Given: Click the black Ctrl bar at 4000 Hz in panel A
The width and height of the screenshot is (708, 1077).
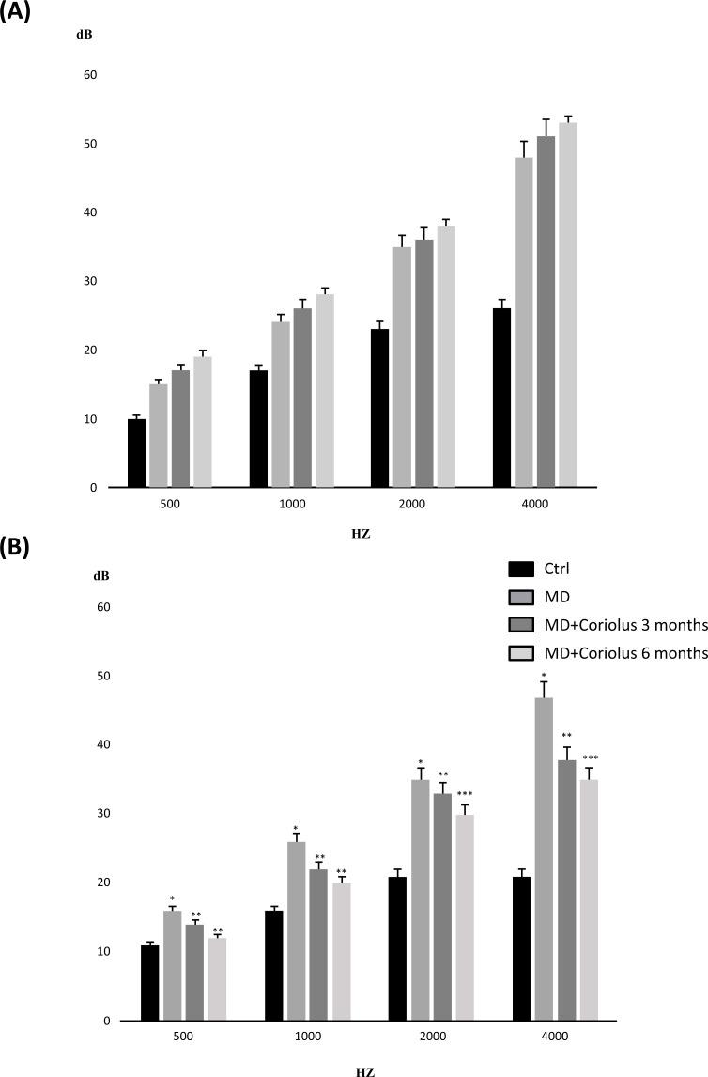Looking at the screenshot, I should coord(501,398).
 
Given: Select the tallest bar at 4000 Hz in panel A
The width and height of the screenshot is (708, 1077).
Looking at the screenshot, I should coord(567,304).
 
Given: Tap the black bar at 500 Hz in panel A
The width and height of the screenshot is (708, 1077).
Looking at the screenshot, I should coord(137,453).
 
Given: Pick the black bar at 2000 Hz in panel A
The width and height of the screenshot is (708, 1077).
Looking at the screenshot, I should coord(380,408).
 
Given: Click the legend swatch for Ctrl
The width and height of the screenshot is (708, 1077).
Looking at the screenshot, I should coord(521,569).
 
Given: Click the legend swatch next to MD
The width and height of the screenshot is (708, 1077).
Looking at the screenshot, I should coord(521,597).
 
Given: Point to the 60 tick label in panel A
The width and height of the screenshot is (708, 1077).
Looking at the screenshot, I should coord(91,75).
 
